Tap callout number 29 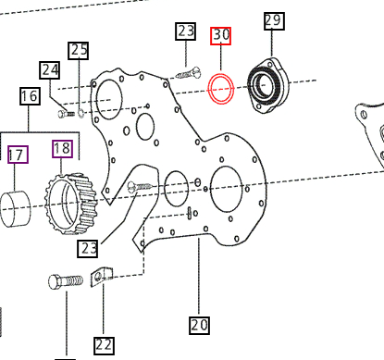pos(273,20)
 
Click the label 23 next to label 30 pos(186,31)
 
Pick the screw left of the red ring pos(189,72)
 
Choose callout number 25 pos(80,50)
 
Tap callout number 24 pos(49,69)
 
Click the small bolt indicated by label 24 pos(67,113)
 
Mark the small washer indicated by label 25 pos(82,114)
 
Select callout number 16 pos(29,95)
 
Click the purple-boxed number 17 pos(17,153)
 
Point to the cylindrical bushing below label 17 pos(20,208)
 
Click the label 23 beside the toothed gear pos(89,248)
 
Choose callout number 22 pos(104,344)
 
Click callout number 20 pos(199,325)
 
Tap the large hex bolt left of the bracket pos(66,281)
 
